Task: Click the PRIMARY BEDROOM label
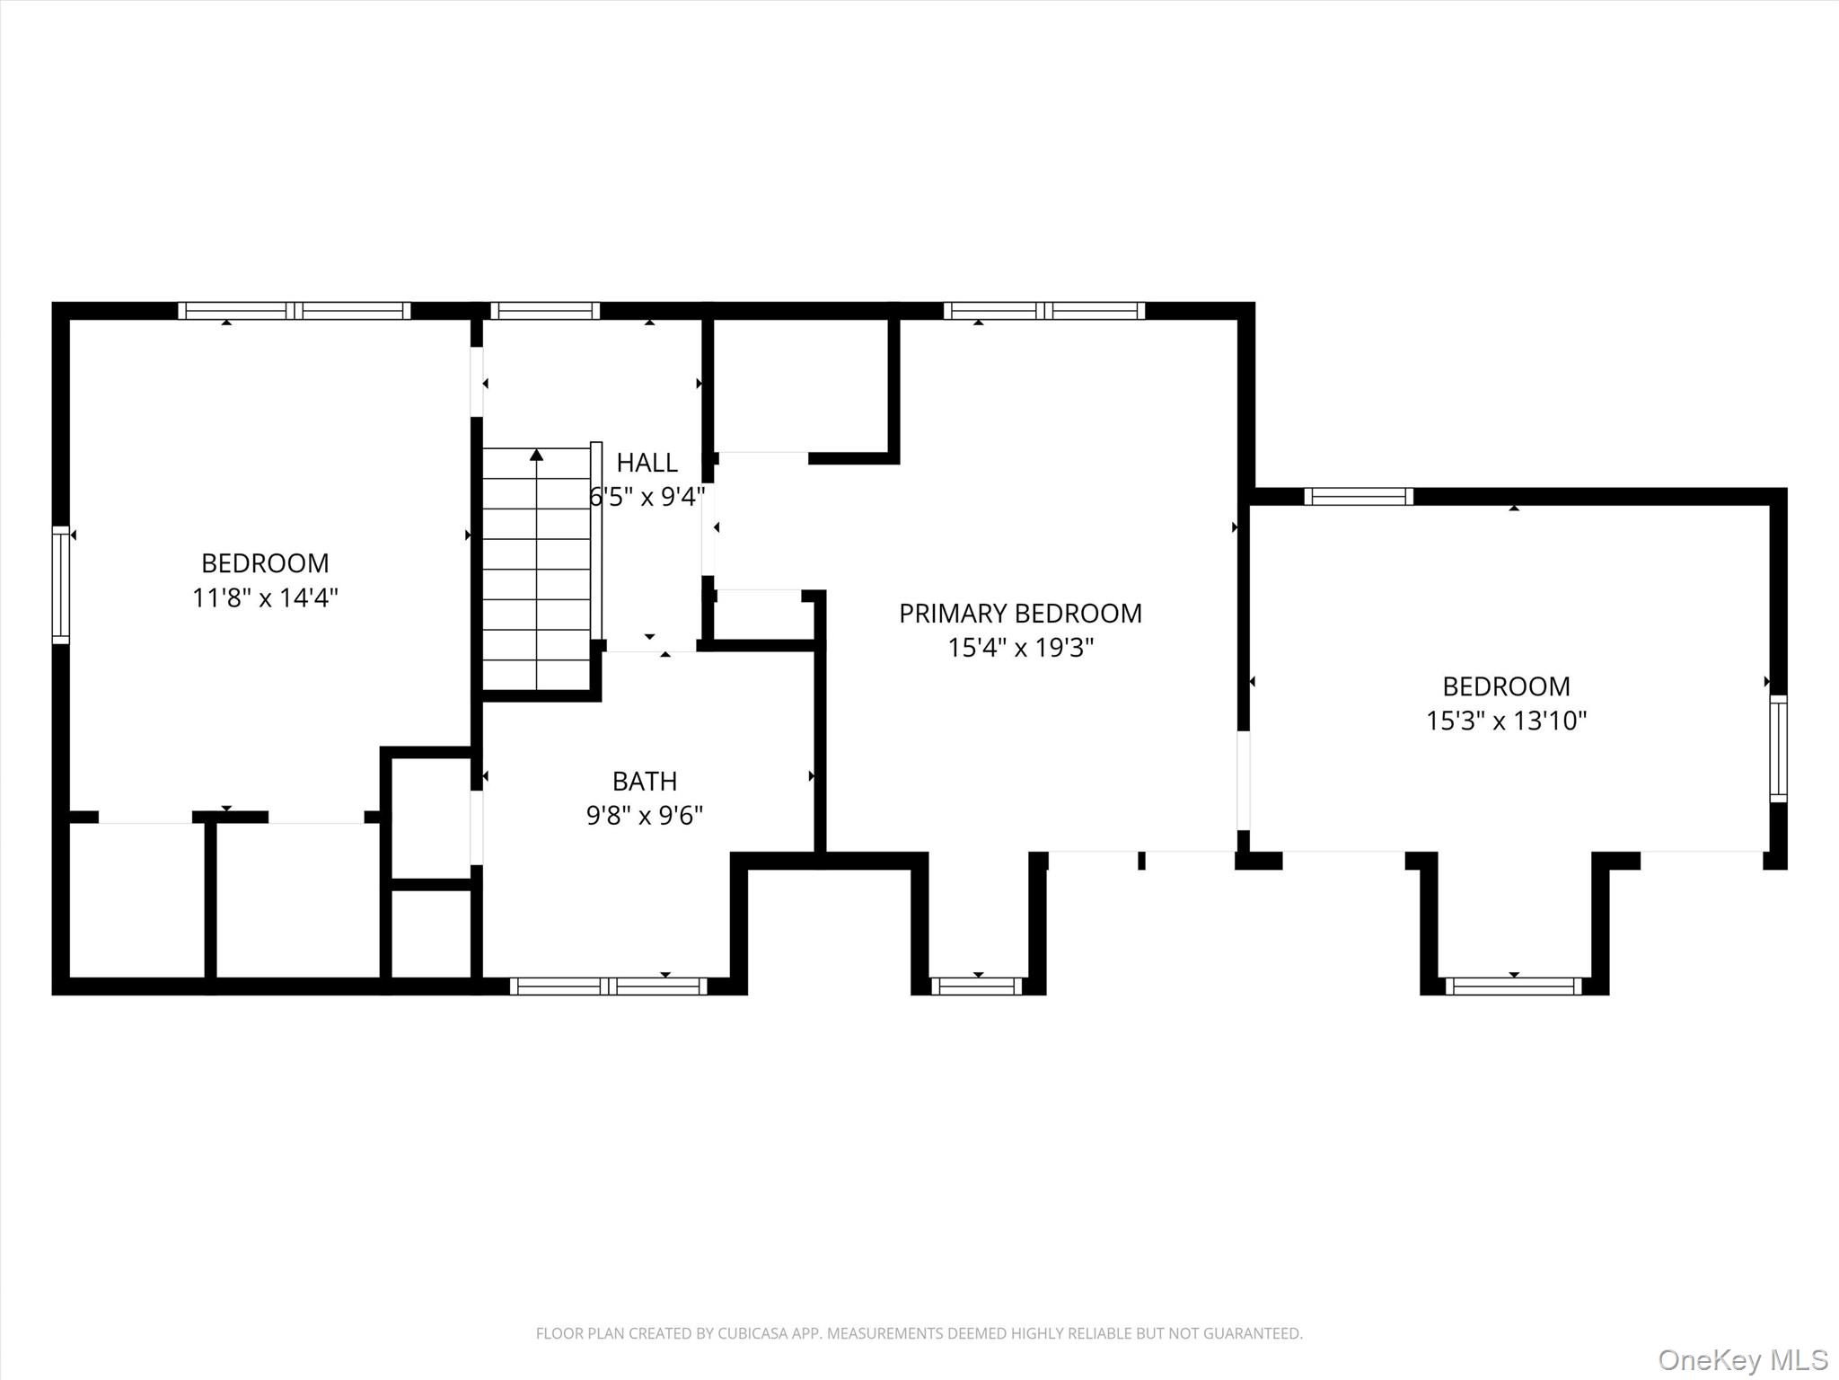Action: pyautogui.click(x=1020, y=614)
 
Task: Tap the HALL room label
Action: pyautogui.click(x=647, y=463)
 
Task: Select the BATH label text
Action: pyautogui.click(x=645, y=781)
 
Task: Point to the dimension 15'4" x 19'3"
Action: pyautogui.click(x=1021, y=648)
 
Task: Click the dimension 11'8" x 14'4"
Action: pyautogui.click(x=265, y=597)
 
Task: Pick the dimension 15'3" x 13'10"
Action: pyautogui.click(x=1507, y=721)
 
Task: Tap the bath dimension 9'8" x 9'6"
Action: pyautogui.click(x=645, y=815)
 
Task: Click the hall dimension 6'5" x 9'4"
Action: pyautogui.click(x=647, y=497)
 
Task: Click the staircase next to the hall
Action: pyautogui.click(x=537, y=569)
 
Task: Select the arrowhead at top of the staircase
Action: pyautogui.click(x=537, y=455)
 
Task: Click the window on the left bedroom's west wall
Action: pyautogui.click(x=60, y=585)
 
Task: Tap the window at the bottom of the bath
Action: pyautogui.click(x=609, y=986)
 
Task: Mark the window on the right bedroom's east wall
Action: pyautogui.click(x=1778, y=748)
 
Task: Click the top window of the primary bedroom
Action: pyautogui.click(x=1044, y=311)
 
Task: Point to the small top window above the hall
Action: pyautogui.click(x=545, y=311)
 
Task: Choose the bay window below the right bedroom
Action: pyautogui.click(x=1514, y=986)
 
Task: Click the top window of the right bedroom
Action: pyautogui.click(x=1359, y=497)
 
